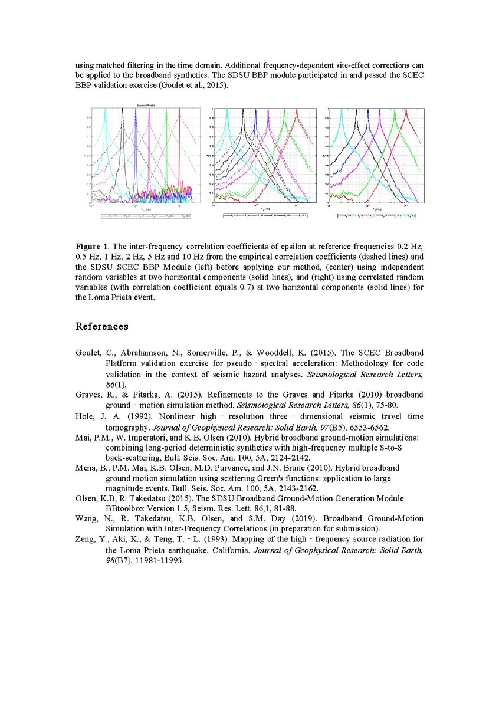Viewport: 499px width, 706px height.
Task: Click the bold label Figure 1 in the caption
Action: (x=91, y=245)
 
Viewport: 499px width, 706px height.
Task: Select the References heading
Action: (x=101, y=326)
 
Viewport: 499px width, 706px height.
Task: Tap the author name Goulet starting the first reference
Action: (x=87, y=353)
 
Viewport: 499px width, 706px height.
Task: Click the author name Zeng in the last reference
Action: (x=86, y=540)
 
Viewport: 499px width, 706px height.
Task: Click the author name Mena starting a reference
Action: (x=86, y=468)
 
